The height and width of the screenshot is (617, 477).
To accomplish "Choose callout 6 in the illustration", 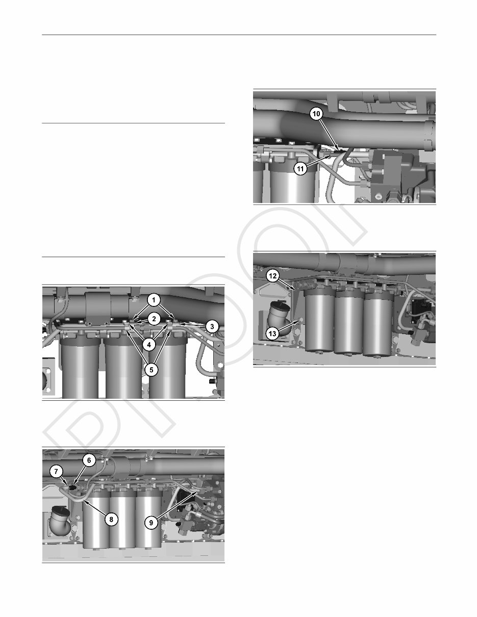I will point(89,460).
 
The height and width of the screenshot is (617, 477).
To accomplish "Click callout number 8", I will point(110,519).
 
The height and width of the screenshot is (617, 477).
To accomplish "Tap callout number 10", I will point(316,115).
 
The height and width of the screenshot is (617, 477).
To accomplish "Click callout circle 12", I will point(273,276).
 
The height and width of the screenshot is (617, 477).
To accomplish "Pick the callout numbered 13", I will point(273,333).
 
